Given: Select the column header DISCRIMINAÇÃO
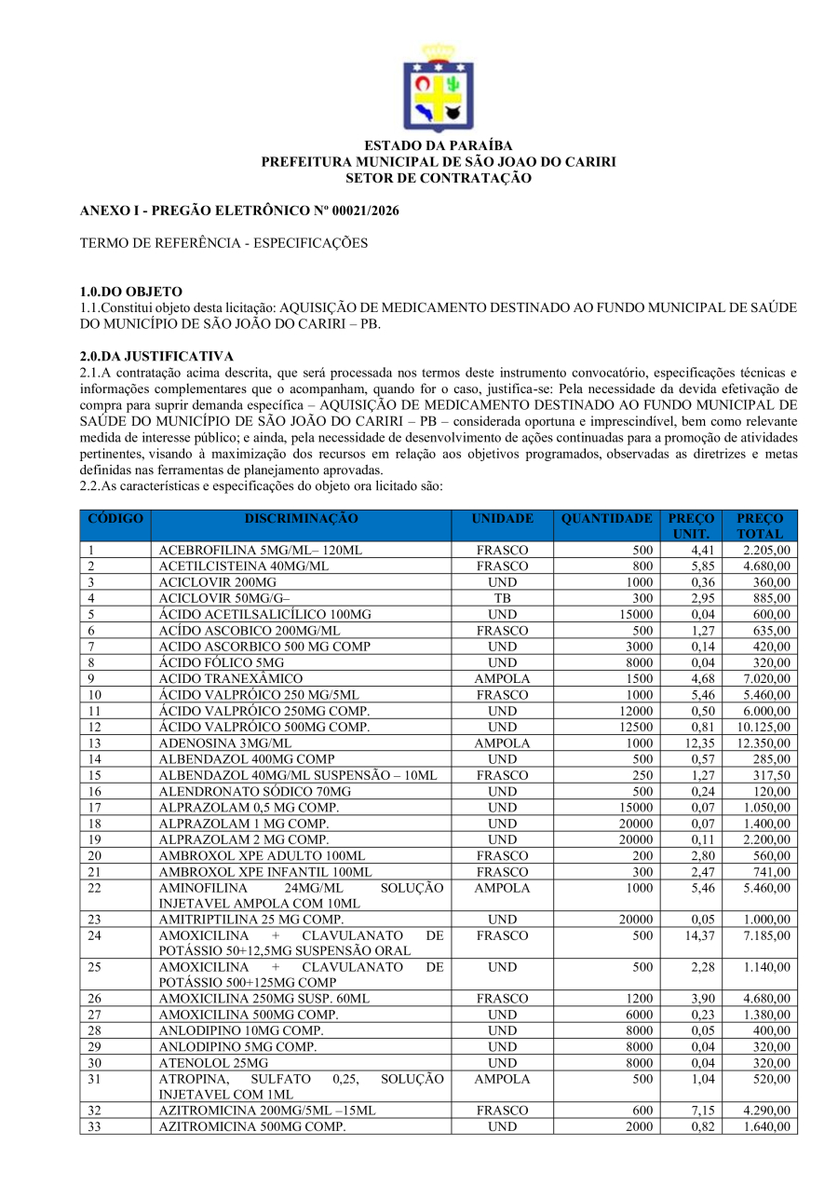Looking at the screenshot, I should point(301,519).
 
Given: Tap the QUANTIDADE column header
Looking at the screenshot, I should point(606,519).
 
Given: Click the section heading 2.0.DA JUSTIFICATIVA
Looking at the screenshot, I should point(156,356).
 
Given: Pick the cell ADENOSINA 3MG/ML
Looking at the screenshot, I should point(224,743).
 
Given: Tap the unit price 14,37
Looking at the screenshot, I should point(699,935).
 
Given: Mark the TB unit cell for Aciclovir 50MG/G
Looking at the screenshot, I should point(503,598).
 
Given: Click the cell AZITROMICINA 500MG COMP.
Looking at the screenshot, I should point(251,1126).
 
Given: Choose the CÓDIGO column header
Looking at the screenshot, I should point(115,519).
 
